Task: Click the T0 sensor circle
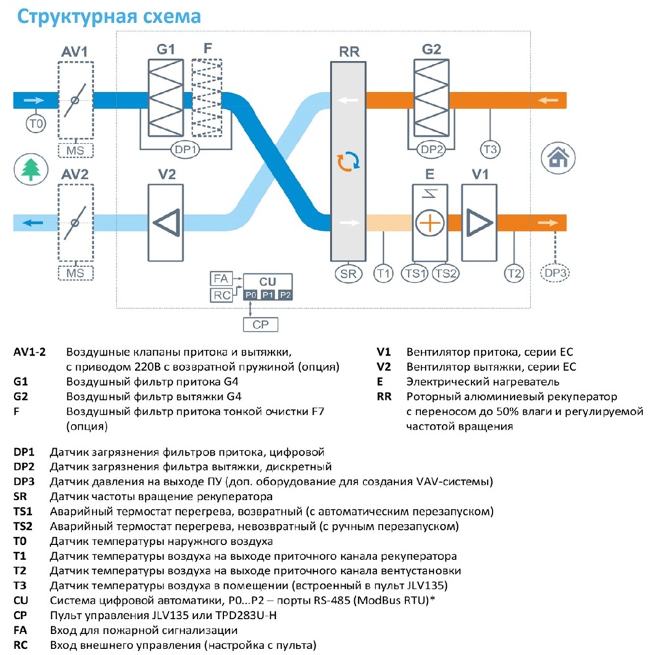[36, 124]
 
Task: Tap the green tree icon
[31, 170]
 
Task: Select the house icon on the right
[558, 157]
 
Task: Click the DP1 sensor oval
[185, 149]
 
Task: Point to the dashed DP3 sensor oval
[555, 273]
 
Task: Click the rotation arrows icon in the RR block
[348, 162]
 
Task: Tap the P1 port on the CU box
[268, 295]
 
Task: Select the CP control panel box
[261, 325]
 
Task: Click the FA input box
[221, 278]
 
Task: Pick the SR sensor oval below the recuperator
[348, 274]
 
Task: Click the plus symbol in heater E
[430, 223]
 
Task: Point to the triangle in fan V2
[167, 223]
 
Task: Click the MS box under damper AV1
[75, 151]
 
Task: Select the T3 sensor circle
[490, 149]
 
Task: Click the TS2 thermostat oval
[445, 274]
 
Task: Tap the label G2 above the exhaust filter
[432, 50]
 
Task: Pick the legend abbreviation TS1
[22, 512]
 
